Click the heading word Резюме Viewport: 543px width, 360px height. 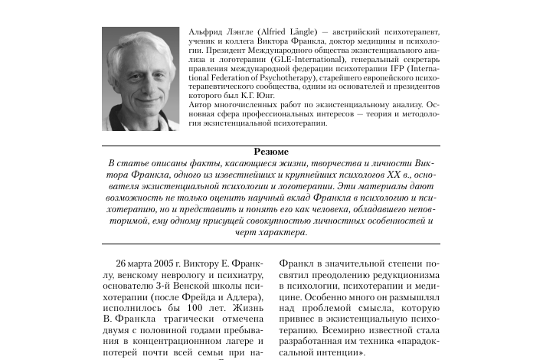click(271, 152)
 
